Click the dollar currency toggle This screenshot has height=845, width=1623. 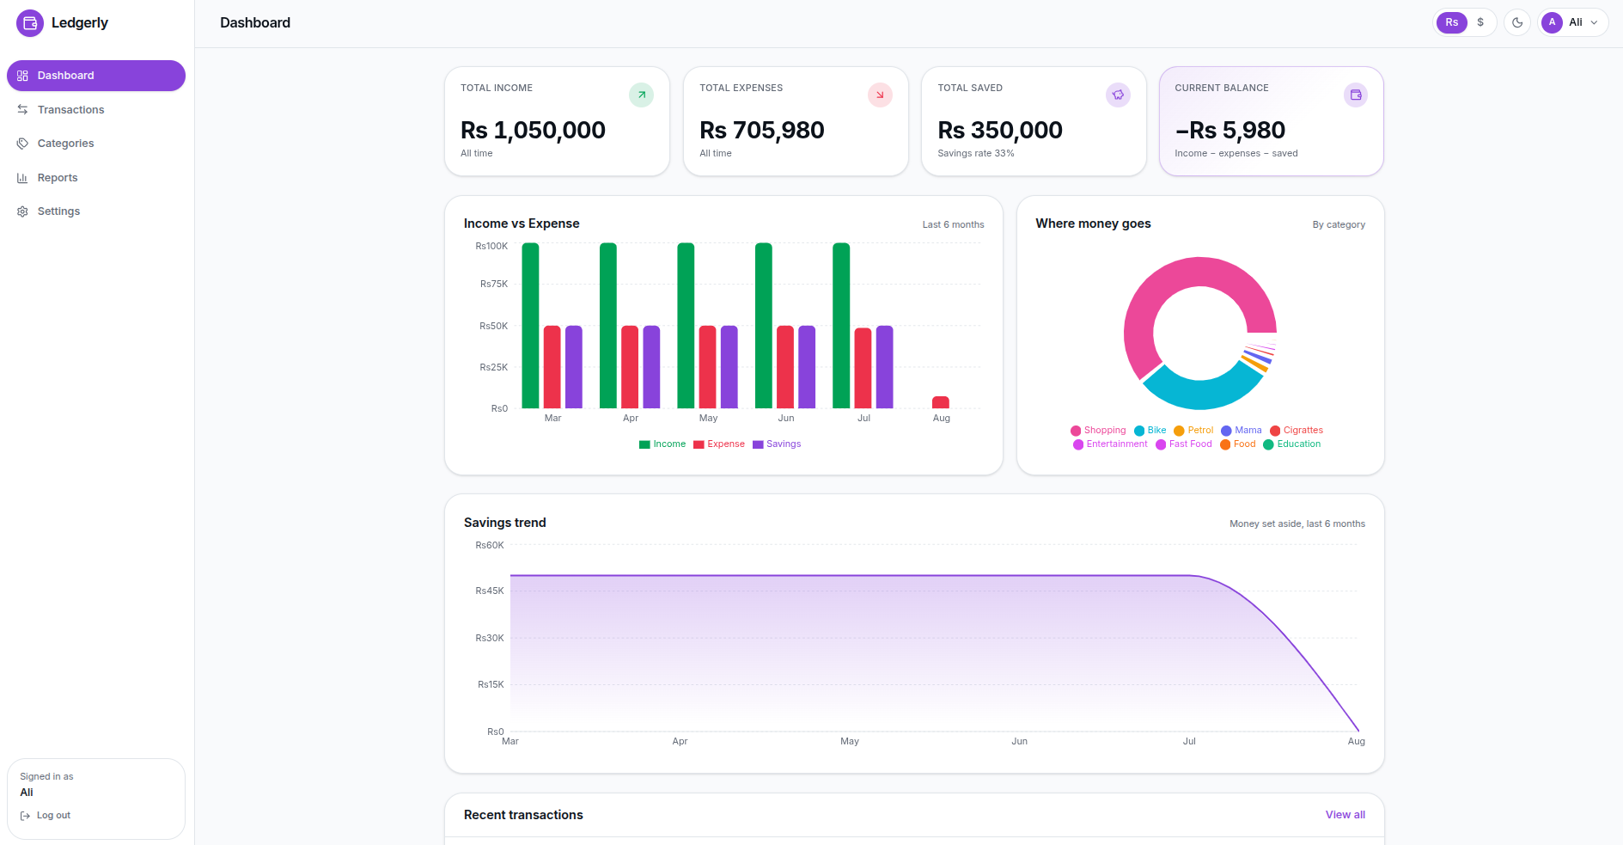[1480, 22]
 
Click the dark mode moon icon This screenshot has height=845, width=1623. [1517, 22]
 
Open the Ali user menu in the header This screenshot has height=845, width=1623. [1573, 22]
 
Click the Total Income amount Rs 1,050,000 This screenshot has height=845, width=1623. [533, 130]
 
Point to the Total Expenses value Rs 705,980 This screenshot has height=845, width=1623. [762, 130]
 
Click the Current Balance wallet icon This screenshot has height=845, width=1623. [1356, 95]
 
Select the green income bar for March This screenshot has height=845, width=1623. [530, 326]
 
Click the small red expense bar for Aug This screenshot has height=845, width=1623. [941, 402]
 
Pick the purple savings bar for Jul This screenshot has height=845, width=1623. [884, 367]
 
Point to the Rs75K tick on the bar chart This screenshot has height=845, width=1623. [494, 284]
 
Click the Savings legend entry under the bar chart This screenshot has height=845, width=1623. [777, 444]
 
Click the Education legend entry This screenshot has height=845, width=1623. [1292, 444]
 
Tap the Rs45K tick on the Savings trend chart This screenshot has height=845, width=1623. [490, 591]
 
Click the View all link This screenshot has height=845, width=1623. [1345, 815]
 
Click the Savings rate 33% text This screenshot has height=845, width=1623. [976, 154]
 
